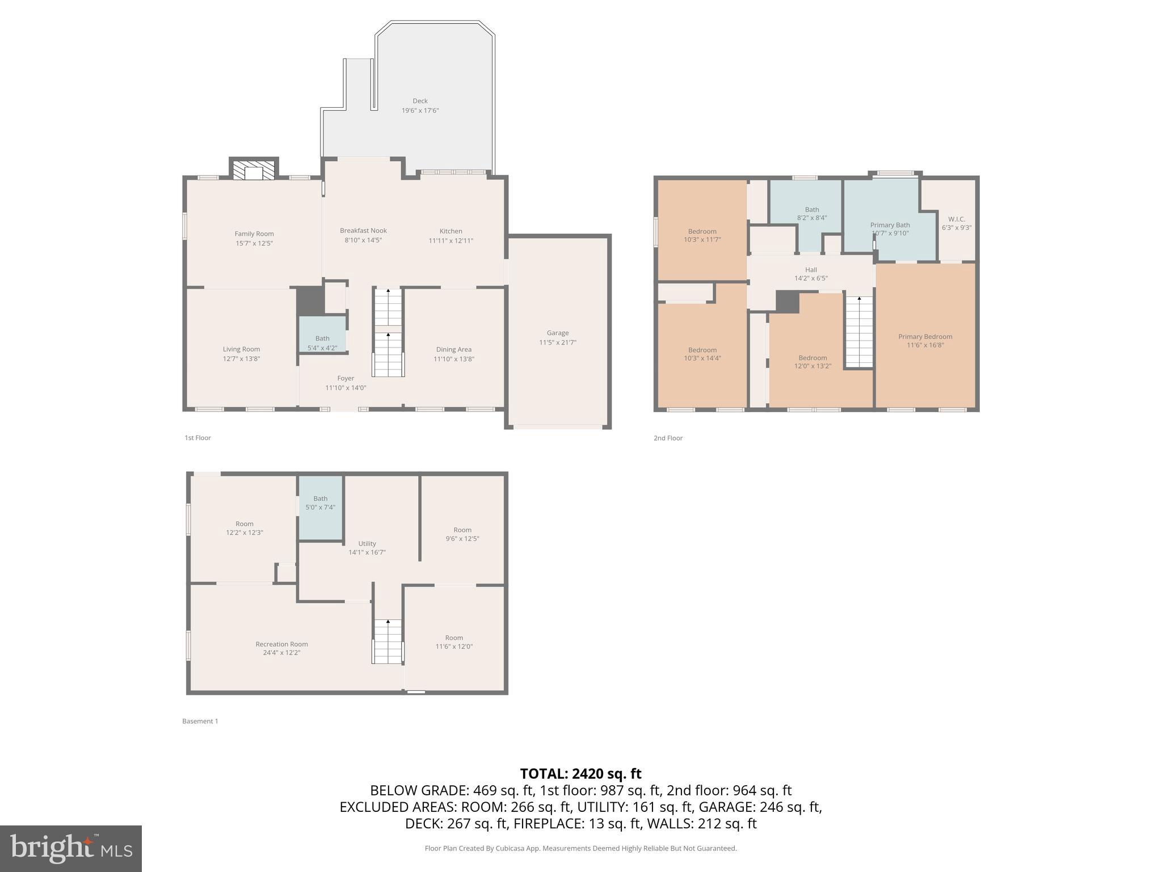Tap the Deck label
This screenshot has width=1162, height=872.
pos(420,101)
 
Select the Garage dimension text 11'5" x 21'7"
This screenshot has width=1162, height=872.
pos(558,342)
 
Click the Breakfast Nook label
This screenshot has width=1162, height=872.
pos(363,230)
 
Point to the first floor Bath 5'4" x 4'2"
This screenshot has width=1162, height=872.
pos(322,342)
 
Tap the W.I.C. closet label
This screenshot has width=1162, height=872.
pos(957,219)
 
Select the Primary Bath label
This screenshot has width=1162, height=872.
pos(890,225)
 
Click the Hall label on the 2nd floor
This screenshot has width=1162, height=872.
pos(811,270)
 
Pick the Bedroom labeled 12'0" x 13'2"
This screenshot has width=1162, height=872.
pos(812,362)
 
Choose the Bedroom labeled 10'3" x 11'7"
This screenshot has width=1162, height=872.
pos(702,235)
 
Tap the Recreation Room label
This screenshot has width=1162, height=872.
pos(281,644)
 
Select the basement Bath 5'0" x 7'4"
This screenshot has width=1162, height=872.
pos(320,503)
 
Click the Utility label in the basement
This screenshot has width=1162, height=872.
pos(367,543)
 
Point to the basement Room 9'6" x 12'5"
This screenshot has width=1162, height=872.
pos(462,534)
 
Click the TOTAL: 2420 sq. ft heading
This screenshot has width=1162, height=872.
pos(580,774)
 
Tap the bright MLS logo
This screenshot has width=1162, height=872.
pos(71,848)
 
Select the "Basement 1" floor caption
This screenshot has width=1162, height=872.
pos(200,721)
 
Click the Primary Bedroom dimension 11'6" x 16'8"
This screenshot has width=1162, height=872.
pos(925,345)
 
